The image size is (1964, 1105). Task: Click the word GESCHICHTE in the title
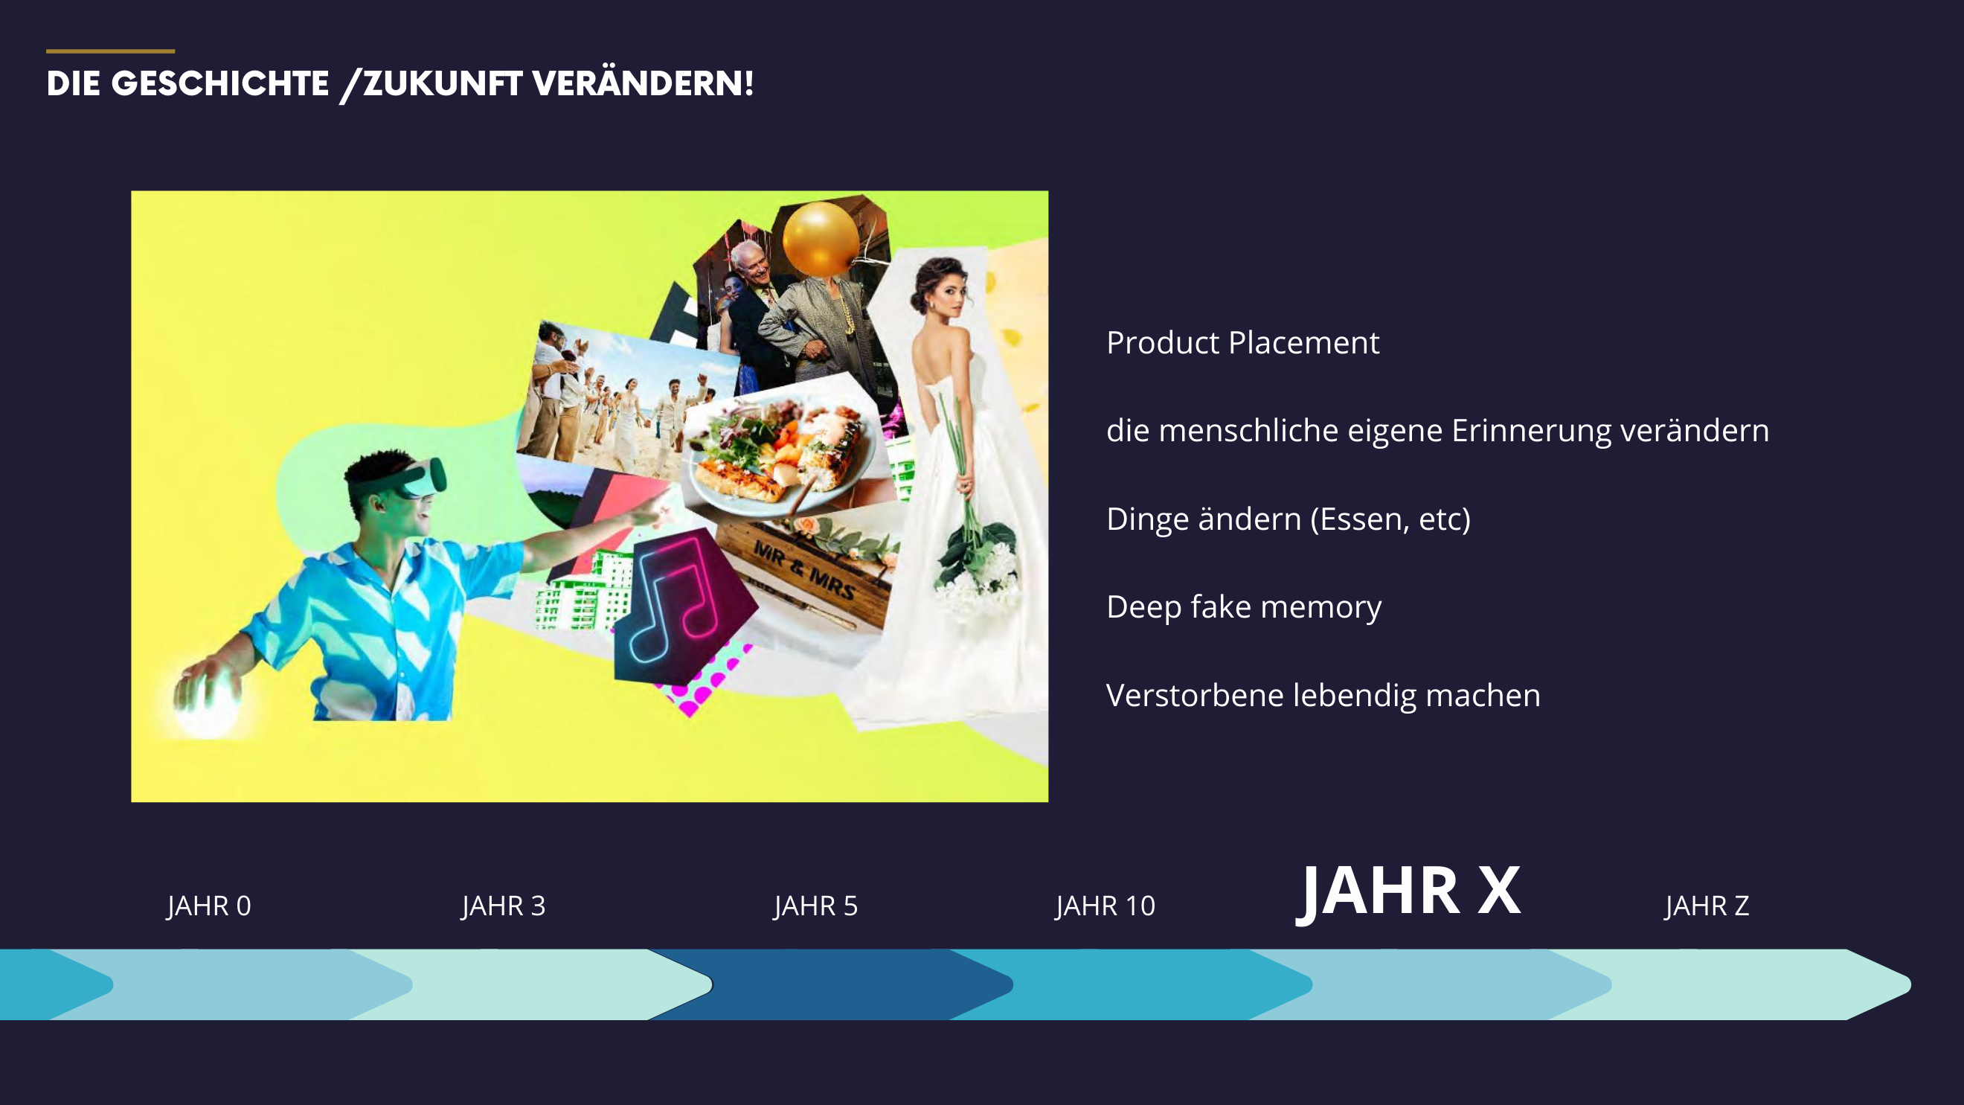[220, 84]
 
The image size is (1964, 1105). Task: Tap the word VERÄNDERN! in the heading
[644, 83]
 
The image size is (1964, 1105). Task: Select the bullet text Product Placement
[1242, 342]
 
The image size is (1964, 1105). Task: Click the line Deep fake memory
[1244, 607]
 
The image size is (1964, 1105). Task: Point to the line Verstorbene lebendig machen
[1323, 695]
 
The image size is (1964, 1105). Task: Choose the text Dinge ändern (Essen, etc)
[1289, 519]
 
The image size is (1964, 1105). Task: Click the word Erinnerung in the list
[1531, 431]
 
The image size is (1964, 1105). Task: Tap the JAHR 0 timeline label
[209, 906]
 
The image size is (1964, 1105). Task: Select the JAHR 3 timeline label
[503, 906]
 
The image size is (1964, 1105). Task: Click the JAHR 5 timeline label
[815, 906]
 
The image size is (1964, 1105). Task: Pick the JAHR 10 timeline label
[1105, 906]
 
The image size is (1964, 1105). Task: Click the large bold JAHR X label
[1408, 892]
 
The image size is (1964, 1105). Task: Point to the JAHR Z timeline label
[1707, 906]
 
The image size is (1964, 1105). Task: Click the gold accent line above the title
[111, 51]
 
